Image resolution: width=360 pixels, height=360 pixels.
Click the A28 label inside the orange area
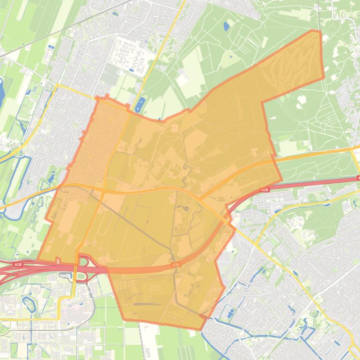pos(176,265)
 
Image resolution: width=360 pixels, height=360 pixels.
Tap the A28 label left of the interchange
pos(18,265)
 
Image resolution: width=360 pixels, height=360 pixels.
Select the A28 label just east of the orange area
pos(264,190)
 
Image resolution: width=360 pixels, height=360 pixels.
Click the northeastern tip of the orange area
pos(320,32)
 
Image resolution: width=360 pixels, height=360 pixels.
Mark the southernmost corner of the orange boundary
pos(201,329)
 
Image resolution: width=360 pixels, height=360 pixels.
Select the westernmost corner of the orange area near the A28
pos(38,260)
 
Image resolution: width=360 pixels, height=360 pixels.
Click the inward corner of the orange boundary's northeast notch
pos(263,103)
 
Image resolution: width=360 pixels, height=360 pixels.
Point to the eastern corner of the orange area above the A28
pos(281,179)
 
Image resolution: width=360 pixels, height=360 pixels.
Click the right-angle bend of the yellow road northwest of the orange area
pos(57,86)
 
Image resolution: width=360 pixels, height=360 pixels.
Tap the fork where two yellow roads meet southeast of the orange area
pos(256,243)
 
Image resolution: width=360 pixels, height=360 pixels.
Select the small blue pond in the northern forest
pos(227,26)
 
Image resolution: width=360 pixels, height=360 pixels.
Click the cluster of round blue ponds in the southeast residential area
pos(230,313)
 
